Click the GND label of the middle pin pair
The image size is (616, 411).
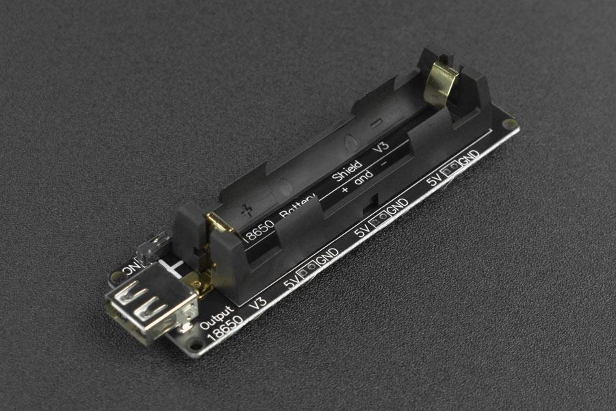(398, 205)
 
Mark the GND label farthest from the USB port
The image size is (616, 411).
(469, 159)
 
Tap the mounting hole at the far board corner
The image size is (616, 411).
(506, 124)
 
